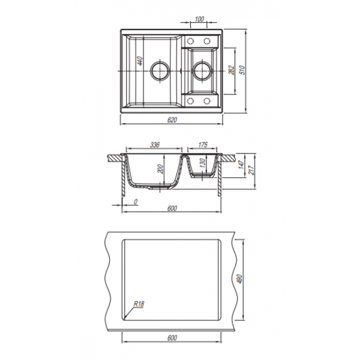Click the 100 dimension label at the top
click(x=199, y=19)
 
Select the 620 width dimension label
click(x=172, y=120)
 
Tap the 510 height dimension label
click(x=242, y=70)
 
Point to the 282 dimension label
click(x=232, y=70)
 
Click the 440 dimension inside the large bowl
click(x=140, y=61)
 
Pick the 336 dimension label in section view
click(x=155, y=145)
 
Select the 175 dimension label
click(x=203, y=145)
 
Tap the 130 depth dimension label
click(x=202, y=163)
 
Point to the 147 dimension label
click(x=241, y=165)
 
